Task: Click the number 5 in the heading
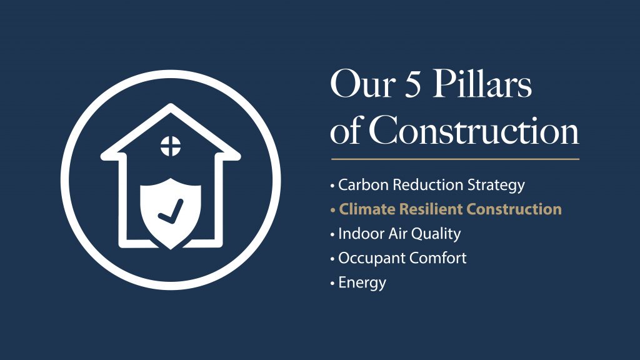point(412,84)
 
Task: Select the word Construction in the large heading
point(474,130)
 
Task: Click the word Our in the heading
point(363,84)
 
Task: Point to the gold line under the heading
point(455,159)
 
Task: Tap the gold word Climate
point(367,209)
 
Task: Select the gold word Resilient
point(431,209)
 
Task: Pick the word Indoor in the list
point(358,234)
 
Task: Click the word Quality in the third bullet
point(436,234)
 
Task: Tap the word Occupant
point(372,259)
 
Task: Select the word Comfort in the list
point(437,258)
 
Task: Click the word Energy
point(362,283)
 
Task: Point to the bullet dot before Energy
point(332,283)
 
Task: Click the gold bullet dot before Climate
point(332,210)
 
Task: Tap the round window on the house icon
point(171,146)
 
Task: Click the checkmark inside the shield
point(171,211)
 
